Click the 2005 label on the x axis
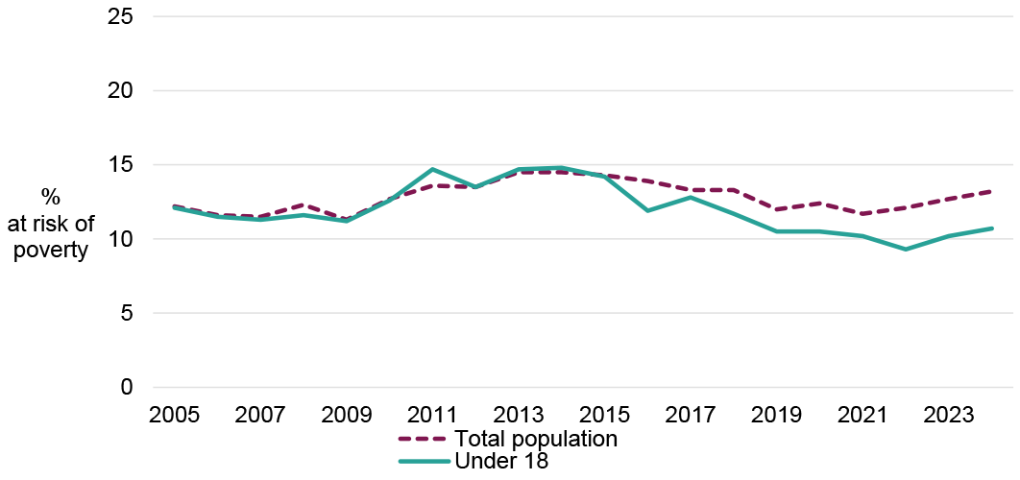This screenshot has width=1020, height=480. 174,417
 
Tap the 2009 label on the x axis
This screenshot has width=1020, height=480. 347,417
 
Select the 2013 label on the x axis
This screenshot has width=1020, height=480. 519,417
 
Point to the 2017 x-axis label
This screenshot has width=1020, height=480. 691,417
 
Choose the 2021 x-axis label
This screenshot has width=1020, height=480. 862,417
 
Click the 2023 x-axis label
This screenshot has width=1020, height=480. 949,417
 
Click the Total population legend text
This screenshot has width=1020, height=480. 536,439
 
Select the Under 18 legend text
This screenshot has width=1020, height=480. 501,462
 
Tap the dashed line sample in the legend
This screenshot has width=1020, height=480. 424,439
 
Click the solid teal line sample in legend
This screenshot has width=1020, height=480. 424,462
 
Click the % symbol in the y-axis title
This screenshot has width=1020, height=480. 50,198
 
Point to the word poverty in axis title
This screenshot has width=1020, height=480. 50,252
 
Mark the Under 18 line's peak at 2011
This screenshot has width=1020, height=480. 432,169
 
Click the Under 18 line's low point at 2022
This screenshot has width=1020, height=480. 906,250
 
